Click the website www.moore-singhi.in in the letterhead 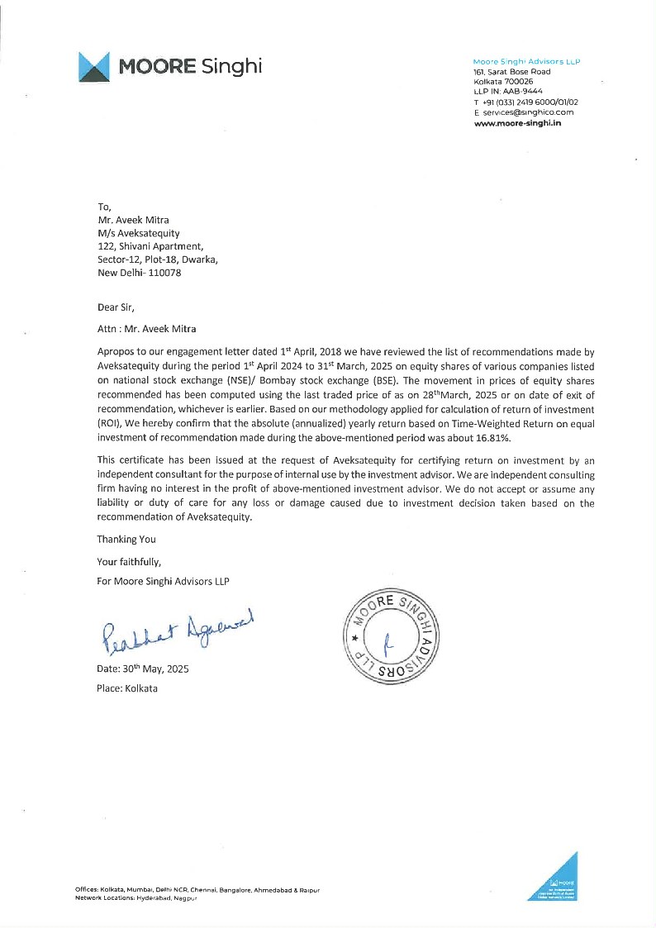517,122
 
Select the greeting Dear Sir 115,306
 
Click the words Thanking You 126,539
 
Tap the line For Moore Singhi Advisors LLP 163,581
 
